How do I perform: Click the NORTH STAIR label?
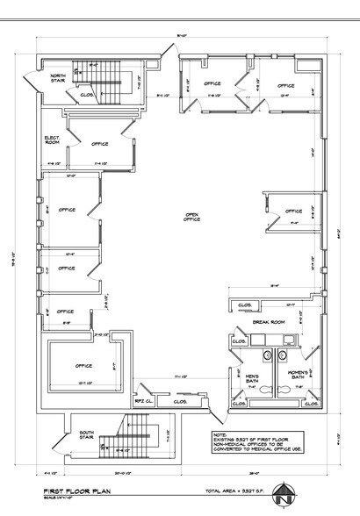(57, 77)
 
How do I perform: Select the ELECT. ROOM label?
(52, 140)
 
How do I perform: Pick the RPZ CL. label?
(142, 399)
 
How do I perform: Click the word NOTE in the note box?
(219, 433)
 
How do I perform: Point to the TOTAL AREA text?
(259, 492)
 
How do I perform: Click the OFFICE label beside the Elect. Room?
(99, 143)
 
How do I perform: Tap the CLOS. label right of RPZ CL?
(180, 402)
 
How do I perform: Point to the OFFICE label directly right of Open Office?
(292, 211)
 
